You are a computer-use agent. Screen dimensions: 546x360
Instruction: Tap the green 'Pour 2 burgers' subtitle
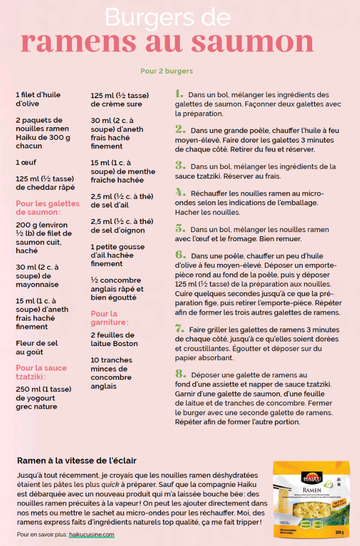coord(166,71)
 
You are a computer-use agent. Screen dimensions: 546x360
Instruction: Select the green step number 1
coord(179,94)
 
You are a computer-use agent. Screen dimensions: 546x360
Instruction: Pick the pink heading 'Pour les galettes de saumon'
coord(48,208)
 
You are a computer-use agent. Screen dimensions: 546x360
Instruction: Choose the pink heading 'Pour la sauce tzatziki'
coord(41,372)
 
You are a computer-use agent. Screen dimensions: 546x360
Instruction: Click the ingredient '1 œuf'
coord(26,162)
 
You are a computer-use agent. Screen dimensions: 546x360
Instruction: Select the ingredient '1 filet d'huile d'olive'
coord(38,99)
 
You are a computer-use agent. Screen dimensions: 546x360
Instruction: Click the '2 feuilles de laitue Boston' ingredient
coord(114,339)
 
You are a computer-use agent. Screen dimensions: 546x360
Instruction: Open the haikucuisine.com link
coord(91,535)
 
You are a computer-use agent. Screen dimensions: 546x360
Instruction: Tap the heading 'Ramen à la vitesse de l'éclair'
coord(77,460)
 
